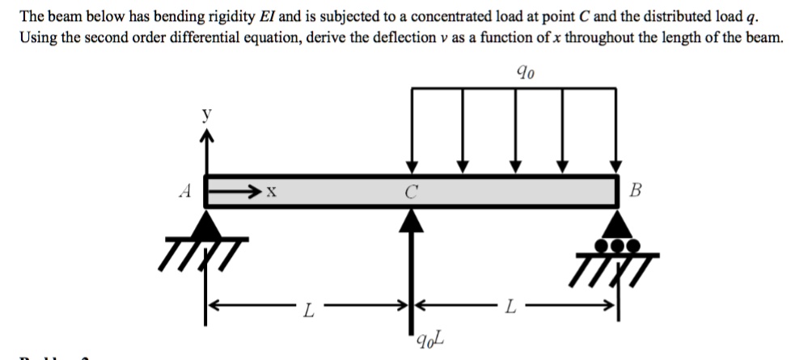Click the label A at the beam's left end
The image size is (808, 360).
point(187,193)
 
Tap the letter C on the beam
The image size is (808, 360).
point(412,193)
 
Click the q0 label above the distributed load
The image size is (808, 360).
point(525,72)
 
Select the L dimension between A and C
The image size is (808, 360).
point(308,307)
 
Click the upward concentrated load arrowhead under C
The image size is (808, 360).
point(412,217)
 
